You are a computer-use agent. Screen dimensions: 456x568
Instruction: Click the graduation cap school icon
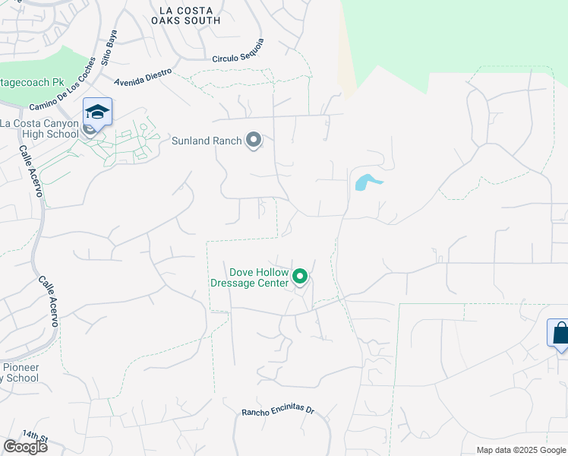pos(97,112)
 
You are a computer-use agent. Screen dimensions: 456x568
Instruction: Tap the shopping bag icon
pos(559,333)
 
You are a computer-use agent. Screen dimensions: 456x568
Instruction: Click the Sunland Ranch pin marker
pos(254,141)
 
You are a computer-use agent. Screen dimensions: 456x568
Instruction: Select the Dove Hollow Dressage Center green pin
pos(300,277)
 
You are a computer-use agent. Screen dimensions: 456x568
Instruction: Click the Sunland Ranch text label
pos(207,141)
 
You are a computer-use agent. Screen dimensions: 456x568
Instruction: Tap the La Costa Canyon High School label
pos(39,129)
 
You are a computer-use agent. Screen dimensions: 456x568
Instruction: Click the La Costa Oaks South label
pos(190,15)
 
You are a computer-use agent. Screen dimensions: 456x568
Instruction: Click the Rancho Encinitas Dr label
pos(277,410)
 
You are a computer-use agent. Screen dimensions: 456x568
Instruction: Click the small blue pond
pos(366,182)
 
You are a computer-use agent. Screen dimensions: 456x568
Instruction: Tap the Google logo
pos(25,447)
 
